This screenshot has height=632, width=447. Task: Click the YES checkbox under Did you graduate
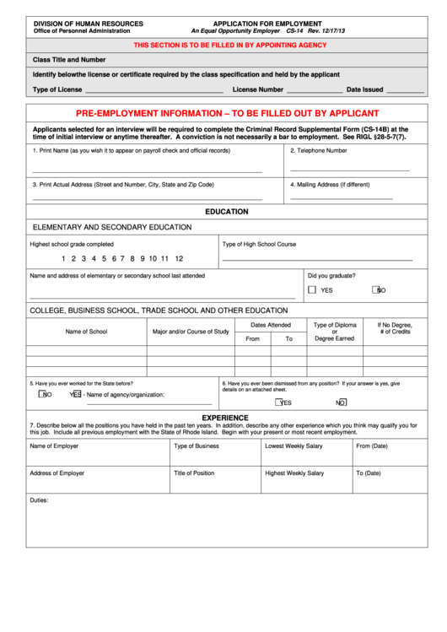click(x=312, y=289)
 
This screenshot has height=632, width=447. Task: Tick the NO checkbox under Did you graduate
click(x=376, y=289)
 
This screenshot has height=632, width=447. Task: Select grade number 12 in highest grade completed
click(x=179, y=259)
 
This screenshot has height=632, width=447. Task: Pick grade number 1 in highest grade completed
click(x=63, y=259)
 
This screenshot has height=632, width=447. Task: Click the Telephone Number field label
click(x=319, y=150)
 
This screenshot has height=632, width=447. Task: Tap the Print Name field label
click(x=131, y=150)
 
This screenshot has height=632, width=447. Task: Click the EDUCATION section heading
click(x=226, y=212)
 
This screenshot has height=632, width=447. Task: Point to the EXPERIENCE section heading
click(x=225, y=417)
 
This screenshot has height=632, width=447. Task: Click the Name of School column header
click(x=86, y=332)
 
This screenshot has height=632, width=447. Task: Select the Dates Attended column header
click(x=270, y=324)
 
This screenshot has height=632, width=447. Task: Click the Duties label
click(x=40, y=500)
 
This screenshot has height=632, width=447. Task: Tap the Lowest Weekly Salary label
click(x=294, y=446)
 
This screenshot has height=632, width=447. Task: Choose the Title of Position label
click(x=194, y=473)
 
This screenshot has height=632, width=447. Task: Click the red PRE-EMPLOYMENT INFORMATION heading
click(x=227, y=113)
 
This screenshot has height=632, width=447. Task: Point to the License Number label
click(x=258, y=89)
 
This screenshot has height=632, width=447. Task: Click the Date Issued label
click(x=365, y=89)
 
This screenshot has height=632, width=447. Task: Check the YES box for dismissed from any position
click(x=276, y=402)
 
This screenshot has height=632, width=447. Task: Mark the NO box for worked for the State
click(x=42, y=393)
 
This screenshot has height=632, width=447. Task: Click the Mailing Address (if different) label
click(x=330, y=184)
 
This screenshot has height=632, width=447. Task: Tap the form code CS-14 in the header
click(x=295, y=30)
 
